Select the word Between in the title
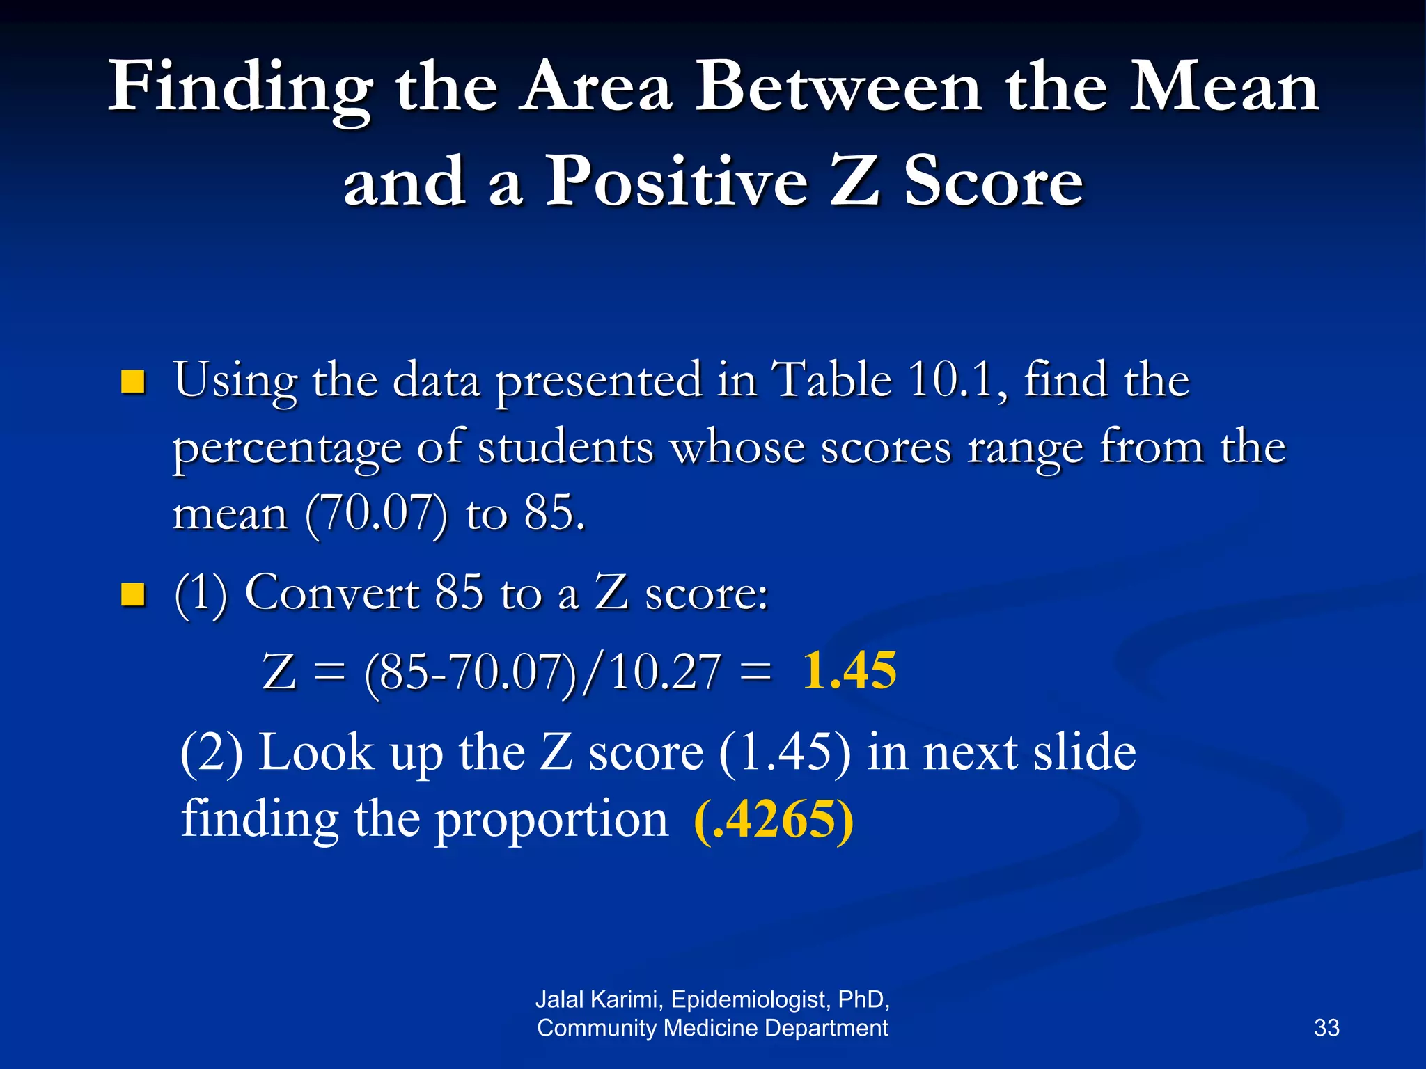pyautogui.click(x=839, y=88)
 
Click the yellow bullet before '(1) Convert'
pyautogui.click(x=132, y=594)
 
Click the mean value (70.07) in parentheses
pyautogui.click(x=377, y=514)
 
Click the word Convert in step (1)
pyautogui.click(x=331, y=594)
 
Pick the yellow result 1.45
pyautogui.click(x=849, y=671)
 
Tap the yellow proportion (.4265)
pyautogui.click(x=774, y=820)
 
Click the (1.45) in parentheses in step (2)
pyautogui.click(x=785, y=753)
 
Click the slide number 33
pyautogui.click(x=1326, y=1028)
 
